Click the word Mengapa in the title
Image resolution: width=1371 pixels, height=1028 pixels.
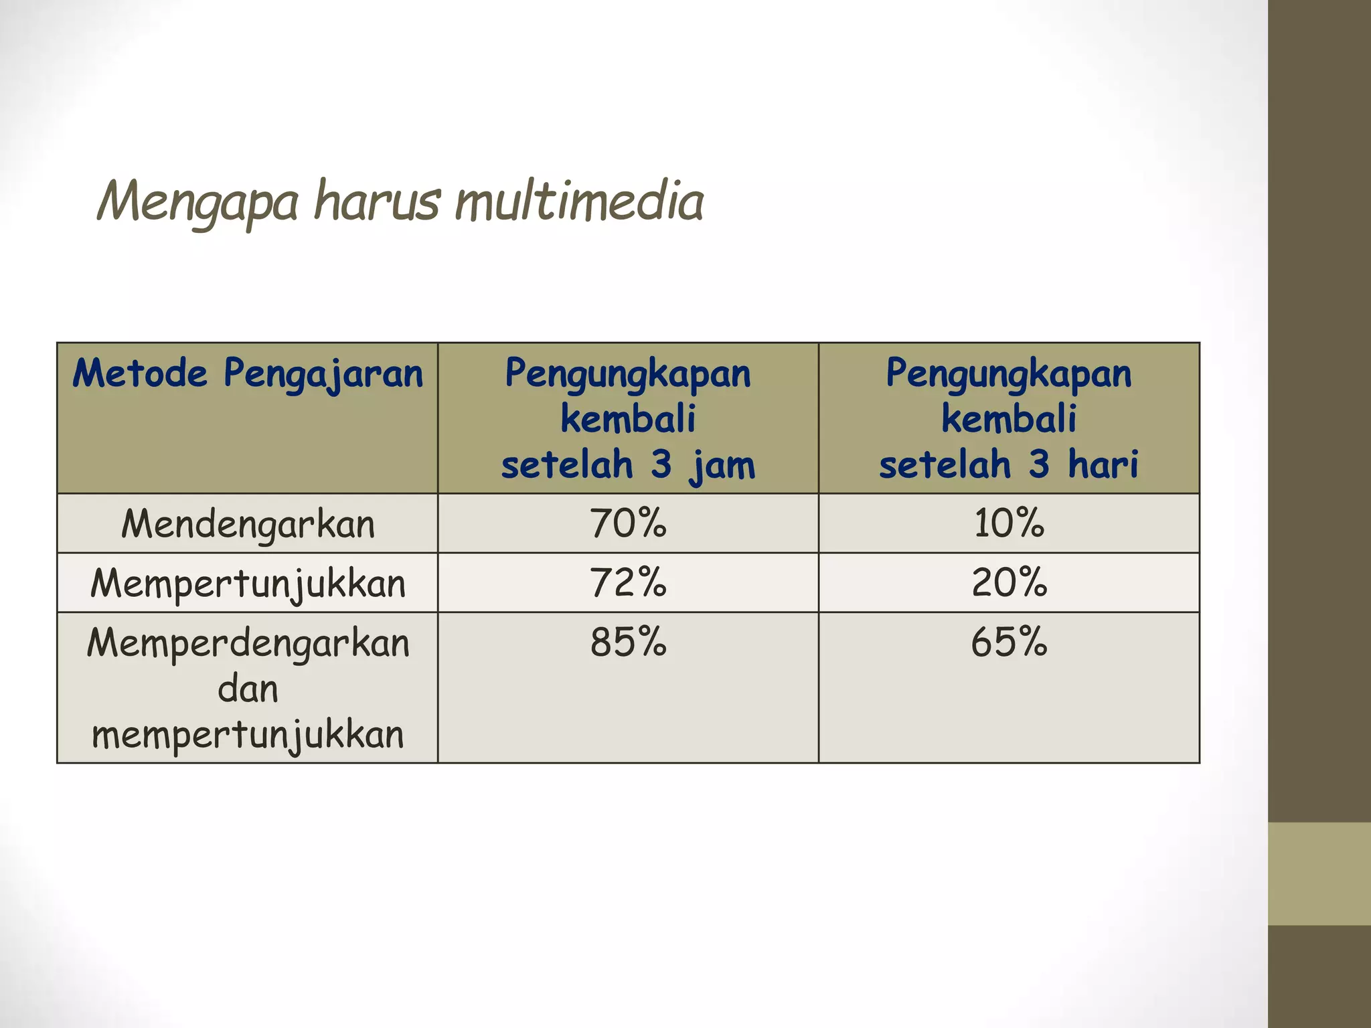click(x=197, y=201)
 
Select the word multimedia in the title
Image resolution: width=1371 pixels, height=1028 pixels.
click(x=580, y=201)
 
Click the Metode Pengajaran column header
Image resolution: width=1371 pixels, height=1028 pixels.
click(x=248, y=373)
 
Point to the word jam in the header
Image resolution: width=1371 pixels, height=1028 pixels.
click(x=722, y=464)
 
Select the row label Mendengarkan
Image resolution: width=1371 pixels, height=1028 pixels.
click(x=248, y=523)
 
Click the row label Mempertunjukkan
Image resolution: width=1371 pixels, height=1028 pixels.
click(x=248, y=583)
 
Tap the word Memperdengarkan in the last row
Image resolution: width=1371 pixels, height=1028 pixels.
click(x=248, y=643)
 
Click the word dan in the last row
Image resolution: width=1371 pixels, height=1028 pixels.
click(x=248, y=689)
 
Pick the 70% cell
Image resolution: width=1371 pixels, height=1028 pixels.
click(x=628, y=523)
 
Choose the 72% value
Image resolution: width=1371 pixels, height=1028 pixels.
click(x=628, y=582)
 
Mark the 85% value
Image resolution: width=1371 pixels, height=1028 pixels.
click(x=628, y=642)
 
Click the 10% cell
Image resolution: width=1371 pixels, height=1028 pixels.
click(x=1009, y=523)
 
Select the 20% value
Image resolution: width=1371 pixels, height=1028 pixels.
click(x=1009, y=582)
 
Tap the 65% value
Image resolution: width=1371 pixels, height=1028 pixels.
click(x=1009, y=642)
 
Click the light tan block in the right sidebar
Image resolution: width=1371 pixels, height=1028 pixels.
click(x=1319, y=874)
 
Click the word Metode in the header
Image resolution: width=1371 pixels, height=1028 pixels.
click(x=140, y=373)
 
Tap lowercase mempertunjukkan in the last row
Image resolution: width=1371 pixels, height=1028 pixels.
click(x=248, y=735)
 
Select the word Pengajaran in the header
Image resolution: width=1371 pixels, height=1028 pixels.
click(x=323, y=373)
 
